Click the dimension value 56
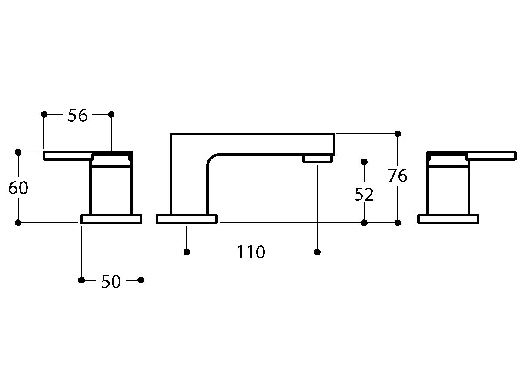pos(77,116)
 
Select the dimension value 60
pos(18,188)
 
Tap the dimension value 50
pos(111,282)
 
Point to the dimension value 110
pos(251,252)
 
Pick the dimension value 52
pos(364,195)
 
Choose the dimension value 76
pos(398,176)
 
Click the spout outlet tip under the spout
pos(317,159)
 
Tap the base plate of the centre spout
pos(187,219)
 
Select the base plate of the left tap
pos(111,219)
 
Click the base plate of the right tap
pos(448,219)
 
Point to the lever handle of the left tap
pos(68,156)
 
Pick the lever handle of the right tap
pos(491,156)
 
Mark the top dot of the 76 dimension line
pos(398,134)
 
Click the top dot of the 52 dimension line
pos(364,162)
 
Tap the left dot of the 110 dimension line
pos(187,252)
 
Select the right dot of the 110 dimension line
pos(317,252)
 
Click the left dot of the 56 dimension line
pos(44,114)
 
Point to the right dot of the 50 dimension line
pos(141,280)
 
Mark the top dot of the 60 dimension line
pos(18,152)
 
